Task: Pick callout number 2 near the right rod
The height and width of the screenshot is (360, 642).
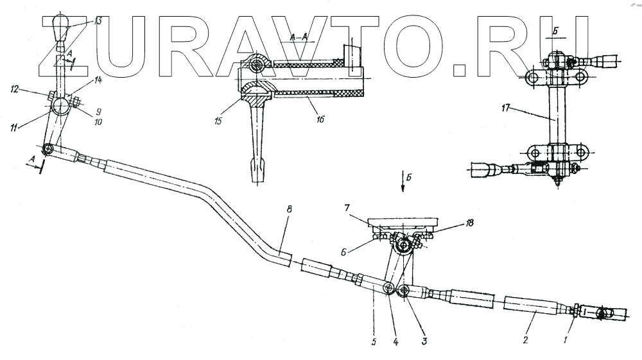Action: click(525, 339)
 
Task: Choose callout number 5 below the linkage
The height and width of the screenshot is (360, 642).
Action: click(374, 341)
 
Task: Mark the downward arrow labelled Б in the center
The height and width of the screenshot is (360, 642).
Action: click(403, 180)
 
